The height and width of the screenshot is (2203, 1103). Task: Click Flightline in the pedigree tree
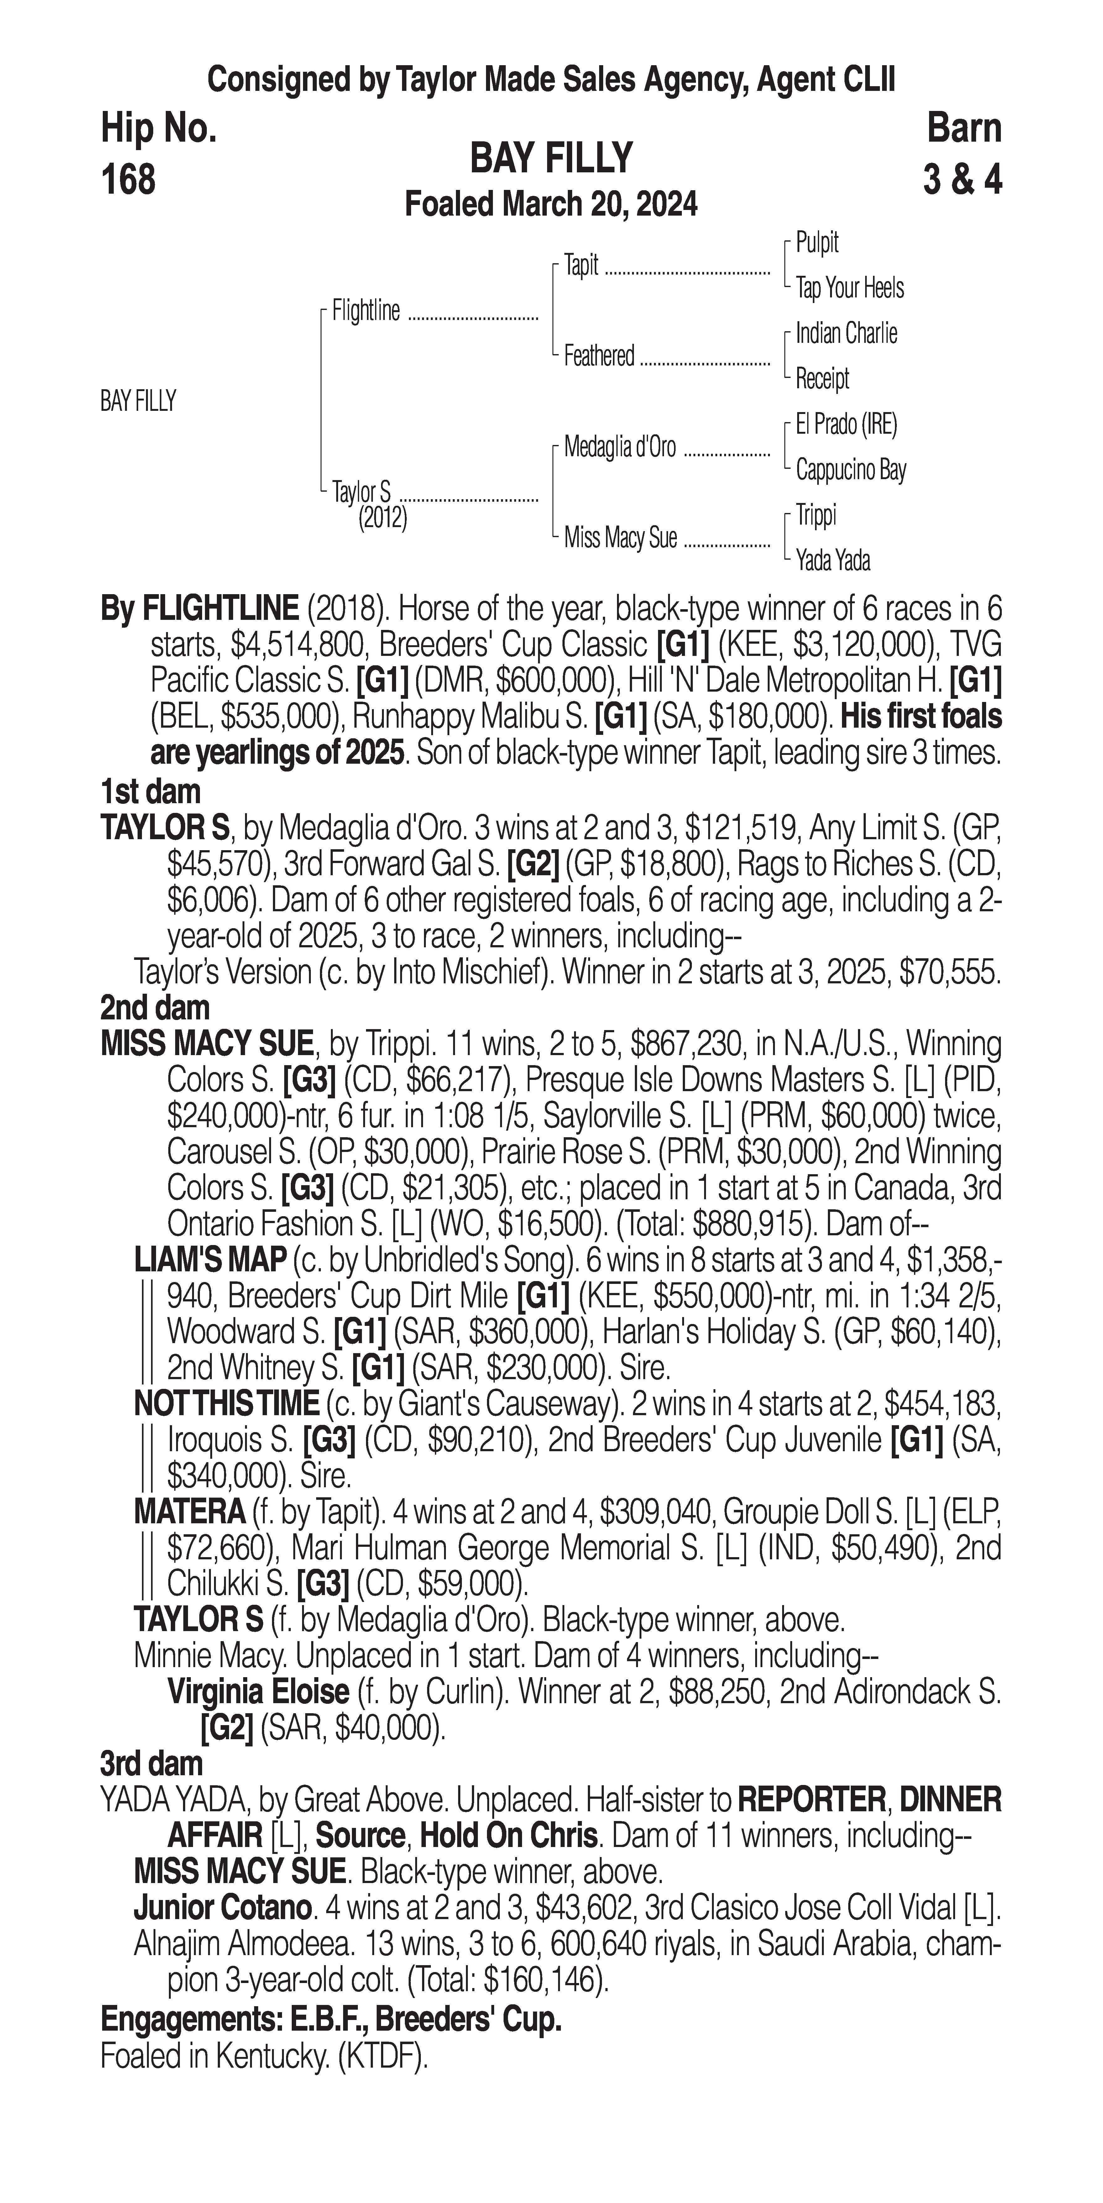coord(366,311)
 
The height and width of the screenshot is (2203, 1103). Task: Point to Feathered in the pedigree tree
coord(599,356)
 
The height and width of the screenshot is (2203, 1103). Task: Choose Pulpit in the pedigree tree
coord(818,243)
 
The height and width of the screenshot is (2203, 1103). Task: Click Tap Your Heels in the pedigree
coord(850,288)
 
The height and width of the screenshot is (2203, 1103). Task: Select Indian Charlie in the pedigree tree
coord(846,333)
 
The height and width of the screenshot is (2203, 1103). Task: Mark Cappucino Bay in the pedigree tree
coord(851,469)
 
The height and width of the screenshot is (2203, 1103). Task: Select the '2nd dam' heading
coord(155,1008)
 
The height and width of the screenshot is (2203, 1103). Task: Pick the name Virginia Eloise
coord(258,1692)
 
